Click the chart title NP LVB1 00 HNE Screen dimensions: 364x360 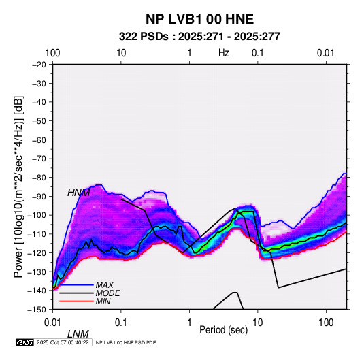[199, 19]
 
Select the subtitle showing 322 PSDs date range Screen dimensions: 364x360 [199, 37]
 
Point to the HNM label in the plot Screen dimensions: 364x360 [79, 193]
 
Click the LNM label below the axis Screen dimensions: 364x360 [78, 334]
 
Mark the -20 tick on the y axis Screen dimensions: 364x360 [39, 65]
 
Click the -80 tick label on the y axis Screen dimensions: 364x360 [39, 178]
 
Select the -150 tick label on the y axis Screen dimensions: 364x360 [37, 310]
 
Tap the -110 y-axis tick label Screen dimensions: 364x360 [37, 234]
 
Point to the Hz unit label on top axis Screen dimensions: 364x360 [224, 53]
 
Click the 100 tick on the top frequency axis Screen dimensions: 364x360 [52, 53]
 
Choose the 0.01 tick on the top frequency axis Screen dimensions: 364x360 [326, 53]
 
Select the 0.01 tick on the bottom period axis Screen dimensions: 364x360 [52, 322]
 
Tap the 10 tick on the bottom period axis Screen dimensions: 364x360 [257, 322]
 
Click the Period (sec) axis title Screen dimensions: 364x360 [224, 330]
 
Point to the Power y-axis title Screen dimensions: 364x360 [18, 186]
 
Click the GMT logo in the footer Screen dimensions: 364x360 [25, 342]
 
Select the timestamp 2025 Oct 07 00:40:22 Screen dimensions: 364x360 [63, 342]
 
